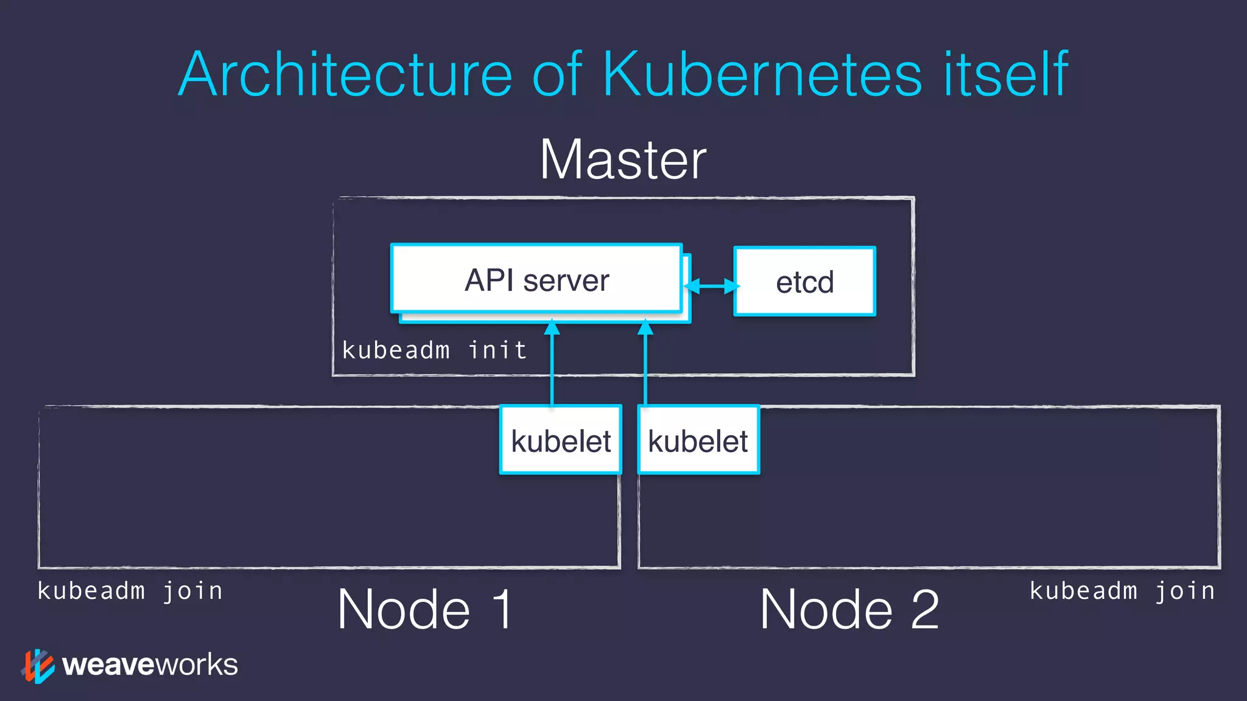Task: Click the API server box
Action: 536,279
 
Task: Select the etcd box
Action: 804,282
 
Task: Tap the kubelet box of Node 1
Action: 560,440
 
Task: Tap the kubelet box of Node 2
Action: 698,440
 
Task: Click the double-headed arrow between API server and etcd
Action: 711,285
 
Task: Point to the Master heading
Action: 623,159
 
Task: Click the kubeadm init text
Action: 434,350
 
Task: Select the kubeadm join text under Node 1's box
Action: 130,591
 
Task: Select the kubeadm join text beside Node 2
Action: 1122,591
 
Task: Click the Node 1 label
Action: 425,609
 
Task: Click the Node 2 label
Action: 849,609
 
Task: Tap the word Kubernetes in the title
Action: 762,74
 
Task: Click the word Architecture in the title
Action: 345,74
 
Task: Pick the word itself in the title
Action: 1005,74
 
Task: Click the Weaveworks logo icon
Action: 38,666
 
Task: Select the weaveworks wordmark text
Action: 150,664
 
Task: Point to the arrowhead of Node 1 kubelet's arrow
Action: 552,328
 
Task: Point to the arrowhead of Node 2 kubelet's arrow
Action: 645,328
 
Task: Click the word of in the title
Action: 557,74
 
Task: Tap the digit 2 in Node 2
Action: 924,609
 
